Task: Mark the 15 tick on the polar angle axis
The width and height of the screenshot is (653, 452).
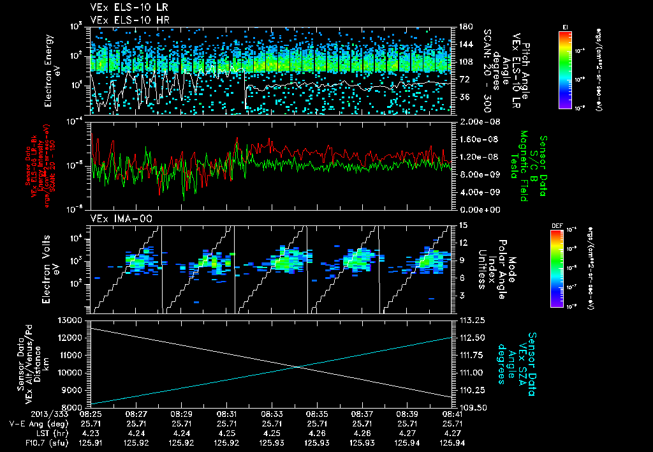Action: pyautogui.click(x=462, y=225)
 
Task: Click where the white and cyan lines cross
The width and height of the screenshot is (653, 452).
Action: pyautogui.click(x=297, y=366)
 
